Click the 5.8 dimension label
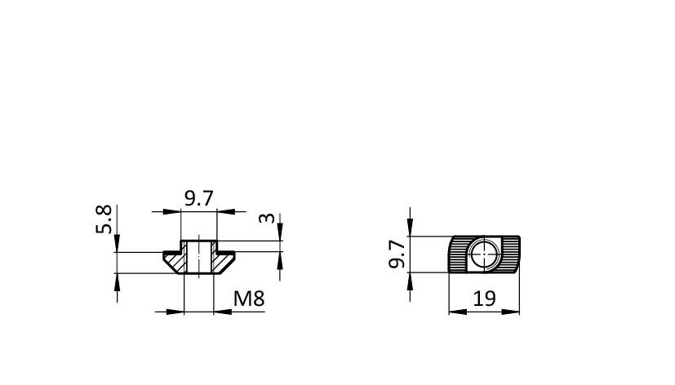click(104, 219)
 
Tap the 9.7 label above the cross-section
click(199, 198)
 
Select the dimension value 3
click(267, 218)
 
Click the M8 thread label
click(249, 299)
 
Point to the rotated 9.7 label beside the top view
click(397, 254)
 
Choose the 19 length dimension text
click(484, 299)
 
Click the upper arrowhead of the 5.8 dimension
click(117, 243)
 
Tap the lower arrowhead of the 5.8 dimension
click(117, 281)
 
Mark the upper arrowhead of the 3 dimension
click(280, 232)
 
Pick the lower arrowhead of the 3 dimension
click(280, 260)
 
